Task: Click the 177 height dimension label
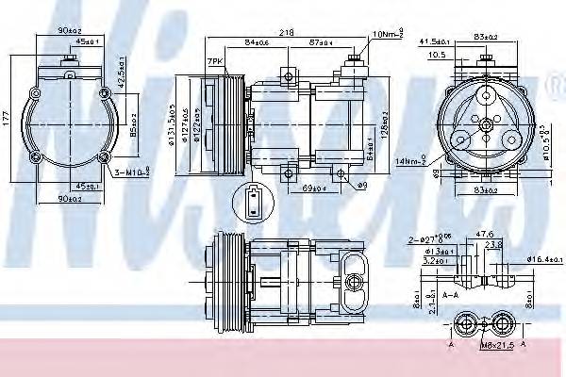8,118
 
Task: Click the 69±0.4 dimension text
313,189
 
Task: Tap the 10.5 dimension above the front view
437,55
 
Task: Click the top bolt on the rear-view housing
68,58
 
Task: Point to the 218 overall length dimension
285,31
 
